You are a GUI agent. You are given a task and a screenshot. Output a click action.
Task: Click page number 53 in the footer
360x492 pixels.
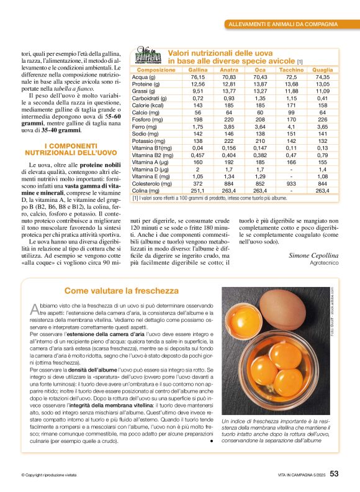(334, 473)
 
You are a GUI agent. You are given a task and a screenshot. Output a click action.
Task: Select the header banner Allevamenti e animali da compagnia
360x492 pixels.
(283, 24)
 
